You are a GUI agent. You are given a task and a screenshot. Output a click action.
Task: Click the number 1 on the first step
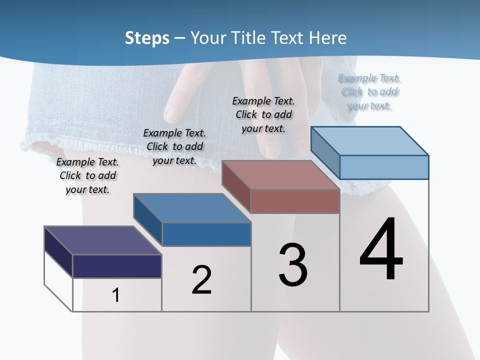click(116, 295)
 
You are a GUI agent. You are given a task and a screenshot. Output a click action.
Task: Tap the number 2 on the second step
click(201, 280)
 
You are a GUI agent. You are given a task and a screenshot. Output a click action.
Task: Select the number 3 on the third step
click(293, 265)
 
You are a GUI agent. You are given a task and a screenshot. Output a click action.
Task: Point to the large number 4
click(381, 250)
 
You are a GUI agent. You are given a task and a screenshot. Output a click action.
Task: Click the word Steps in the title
click(147, 38)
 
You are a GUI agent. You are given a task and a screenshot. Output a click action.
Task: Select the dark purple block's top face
click(102, 240)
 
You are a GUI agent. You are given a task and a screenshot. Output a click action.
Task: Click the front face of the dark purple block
click(117, 266)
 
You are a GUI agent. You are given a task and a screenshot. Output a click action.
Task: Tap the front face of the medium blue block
click(206, 234)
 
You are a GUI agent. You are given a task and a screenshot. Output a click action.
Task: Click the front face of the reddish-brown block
click(295, 201)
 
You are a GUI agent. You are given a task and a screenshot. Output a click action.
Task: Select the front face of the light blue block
click(384, 167)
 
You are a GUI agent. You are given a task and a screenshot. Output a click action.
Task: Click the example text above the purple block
click(87, 176)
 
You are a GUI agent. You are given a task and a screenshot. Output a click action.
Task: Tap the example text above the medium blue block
click(174, 147)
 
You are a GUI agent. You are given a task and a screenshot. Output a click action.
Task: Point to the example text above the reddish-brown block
click(263, 114)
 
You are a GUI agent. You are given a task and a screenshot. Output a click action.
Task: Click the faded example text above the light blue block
click(369, 92)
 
